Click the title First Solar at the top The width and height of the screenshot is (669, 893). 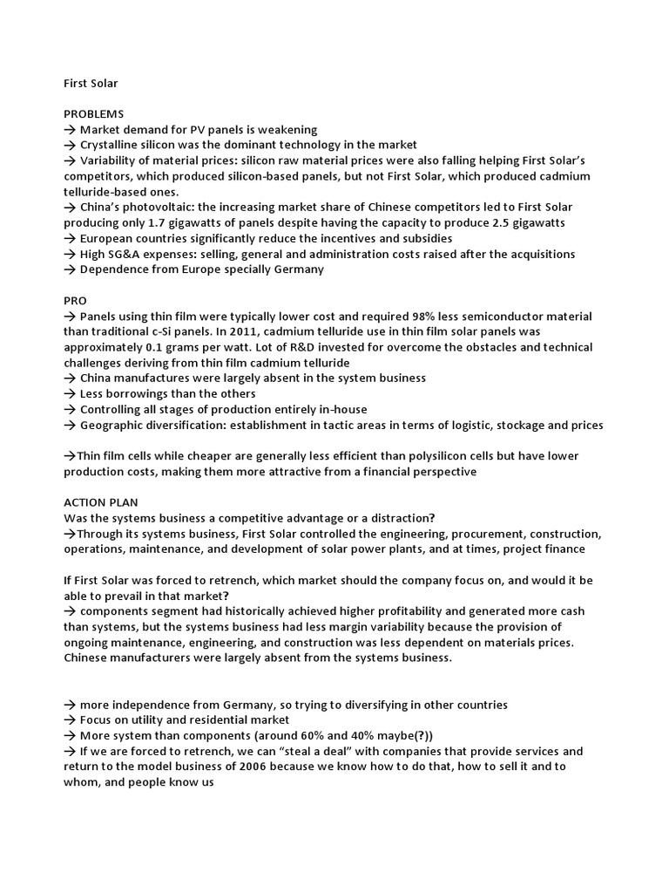[91, 83]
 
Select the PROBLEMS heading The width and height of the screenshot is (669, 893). [94, 113]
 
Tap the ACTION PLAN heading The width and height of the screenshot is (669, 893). [101, 502]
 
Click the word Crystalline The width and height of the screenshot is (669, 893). [111, 145]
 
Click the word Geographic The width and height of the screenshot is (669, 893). [112, 425]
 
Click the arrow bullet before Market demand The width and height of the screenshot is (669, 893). [70, 129]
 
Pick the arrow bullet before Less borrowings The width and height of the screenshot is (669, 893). [70, 393]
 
